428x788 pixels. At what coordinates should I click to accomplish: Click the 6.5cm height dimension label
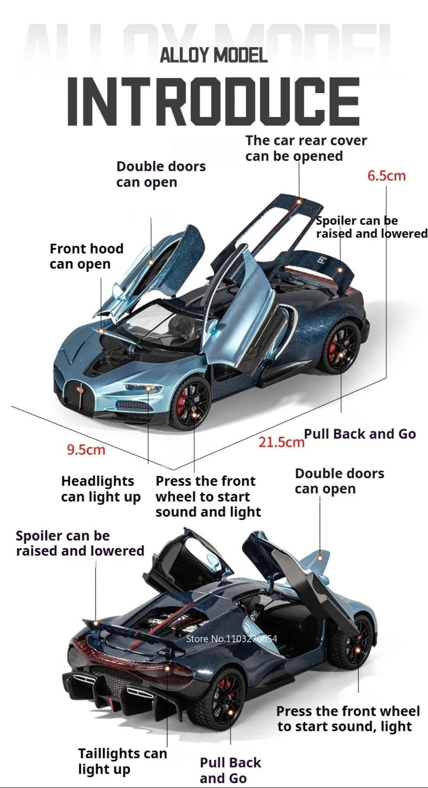tap(386, 176)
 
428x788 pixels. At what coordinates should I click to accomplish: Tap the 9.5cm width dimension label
tap(86, 450)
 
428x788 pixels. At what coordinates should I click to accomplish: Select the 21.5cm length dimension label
tap(281, 441)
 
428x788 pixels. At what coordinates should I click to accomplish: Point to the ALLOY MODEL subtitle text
tap(214, 56)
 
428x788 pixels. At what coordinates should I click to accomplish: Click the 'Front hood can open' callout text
tap(86, 256)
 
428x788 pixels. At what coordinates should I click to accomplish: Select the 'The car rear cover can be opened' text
tap(306, 148)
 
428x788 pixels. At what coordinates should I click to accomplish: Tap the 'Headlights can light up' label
tap(101, 489)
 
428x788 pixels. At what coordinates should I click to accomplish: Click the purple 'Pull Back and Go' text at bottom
tap(230, 770)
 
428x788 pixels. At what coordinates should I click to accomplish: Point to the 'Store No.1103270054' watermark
tap(232, 639)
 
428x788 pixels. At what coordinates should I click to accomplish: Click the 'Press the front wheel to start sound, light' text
tap(348, 719)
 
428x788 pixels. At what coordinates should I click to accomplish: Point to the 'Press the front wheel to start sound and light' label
tap(208, 497)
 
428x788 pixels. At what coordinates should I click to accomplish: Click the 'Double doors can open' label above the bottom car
tap(339, 481)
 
